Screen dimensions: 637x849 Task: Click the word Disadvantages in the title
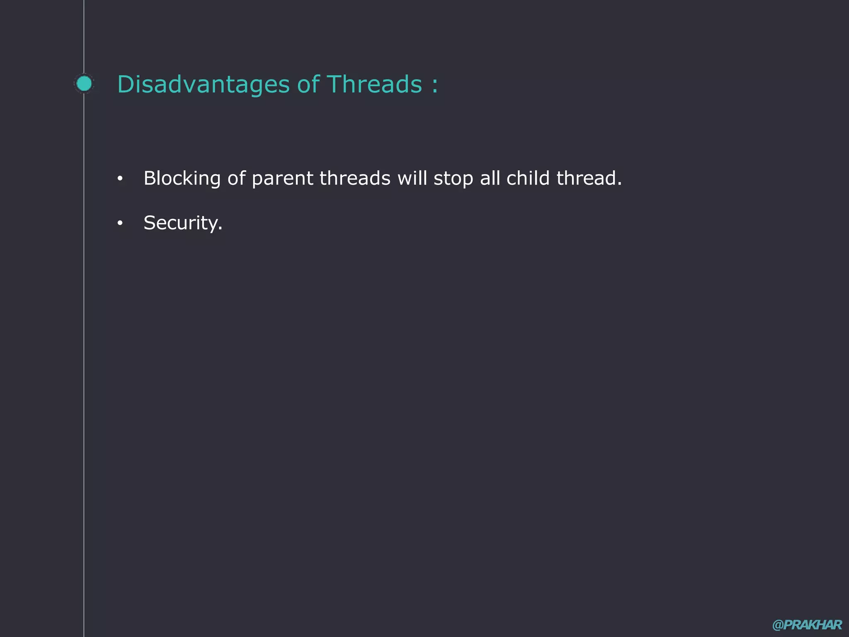click(203, 85)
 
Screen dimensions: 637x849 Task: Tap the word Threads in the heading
click(374, 85)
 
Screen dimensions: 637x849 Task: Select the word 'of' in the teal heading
click(308, 85)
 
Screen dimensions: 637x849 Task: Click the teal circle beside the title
click(84, 84)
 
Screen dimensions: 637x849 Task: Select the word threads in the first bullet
click(355, 179)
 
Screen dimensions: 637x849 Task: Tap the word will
click(412, 179)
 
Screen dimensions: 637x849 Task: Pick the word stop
click(453, 179)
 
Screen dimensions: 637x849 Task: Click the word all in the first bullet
click(490, 179)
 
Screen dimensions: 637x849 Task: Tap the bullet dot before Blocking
click(120, 179)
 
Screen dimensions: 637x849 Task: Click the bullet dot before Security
click(120, 224)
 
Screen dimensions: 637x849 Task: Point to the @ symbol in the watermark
click(778, 625)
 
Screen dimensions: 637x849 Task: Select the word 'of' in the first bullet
click(236, 179)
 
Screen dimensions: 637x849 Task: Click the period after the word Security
click(220, 229)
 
